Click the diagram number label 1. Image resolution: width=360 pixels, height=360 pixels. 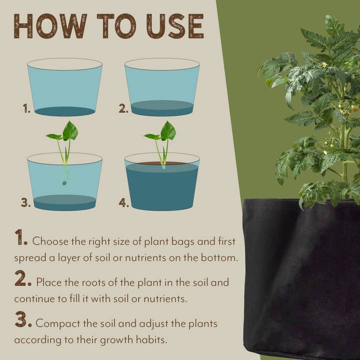26,108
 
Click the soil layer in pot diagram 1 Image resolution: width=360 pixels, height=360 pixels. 65,111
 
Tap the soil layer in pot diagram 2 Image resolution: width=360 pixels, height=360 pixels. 162,108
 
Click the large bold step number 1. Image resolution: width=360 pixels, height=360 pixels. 20,238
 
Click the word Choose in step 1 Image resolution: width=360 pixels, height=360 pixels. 49,241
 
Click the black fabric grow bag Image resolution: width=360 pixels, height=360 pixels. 300,275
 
